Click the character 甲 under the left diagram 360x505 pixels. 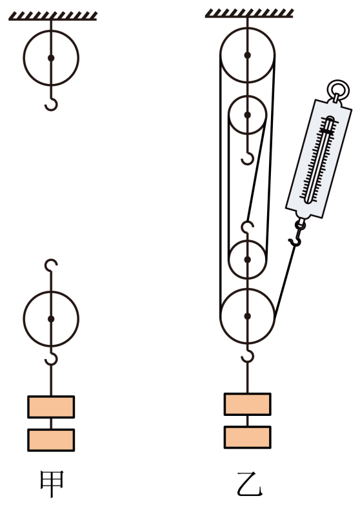pos(52,484)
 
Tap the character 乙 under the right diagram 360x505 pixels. pos(250,484)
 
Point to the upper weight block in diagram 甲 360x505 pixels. pos(51,407)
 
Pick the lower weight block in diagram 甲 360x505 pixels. pos(51,440)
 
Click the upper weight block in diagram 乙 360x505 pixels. pos(247,404)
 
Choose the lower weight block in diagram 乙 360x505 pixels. pos(247,437)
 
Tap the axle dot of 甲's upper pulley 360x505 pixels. pos(51,58)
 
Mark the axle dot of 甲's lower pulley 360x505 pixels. pos(51,319)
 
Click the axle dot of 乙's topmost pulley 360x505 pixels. pos(247,56)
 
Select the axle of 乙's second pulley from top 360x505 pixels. pos(247,115)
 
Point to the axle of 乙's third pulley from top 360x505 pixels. pos(247,259)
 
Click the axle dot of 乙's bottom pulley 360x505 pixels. pos(247,316)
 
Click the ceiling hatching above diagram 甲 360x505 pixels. pos(53,16)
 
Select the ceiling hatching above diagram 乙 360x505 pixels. pos(249,13)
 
